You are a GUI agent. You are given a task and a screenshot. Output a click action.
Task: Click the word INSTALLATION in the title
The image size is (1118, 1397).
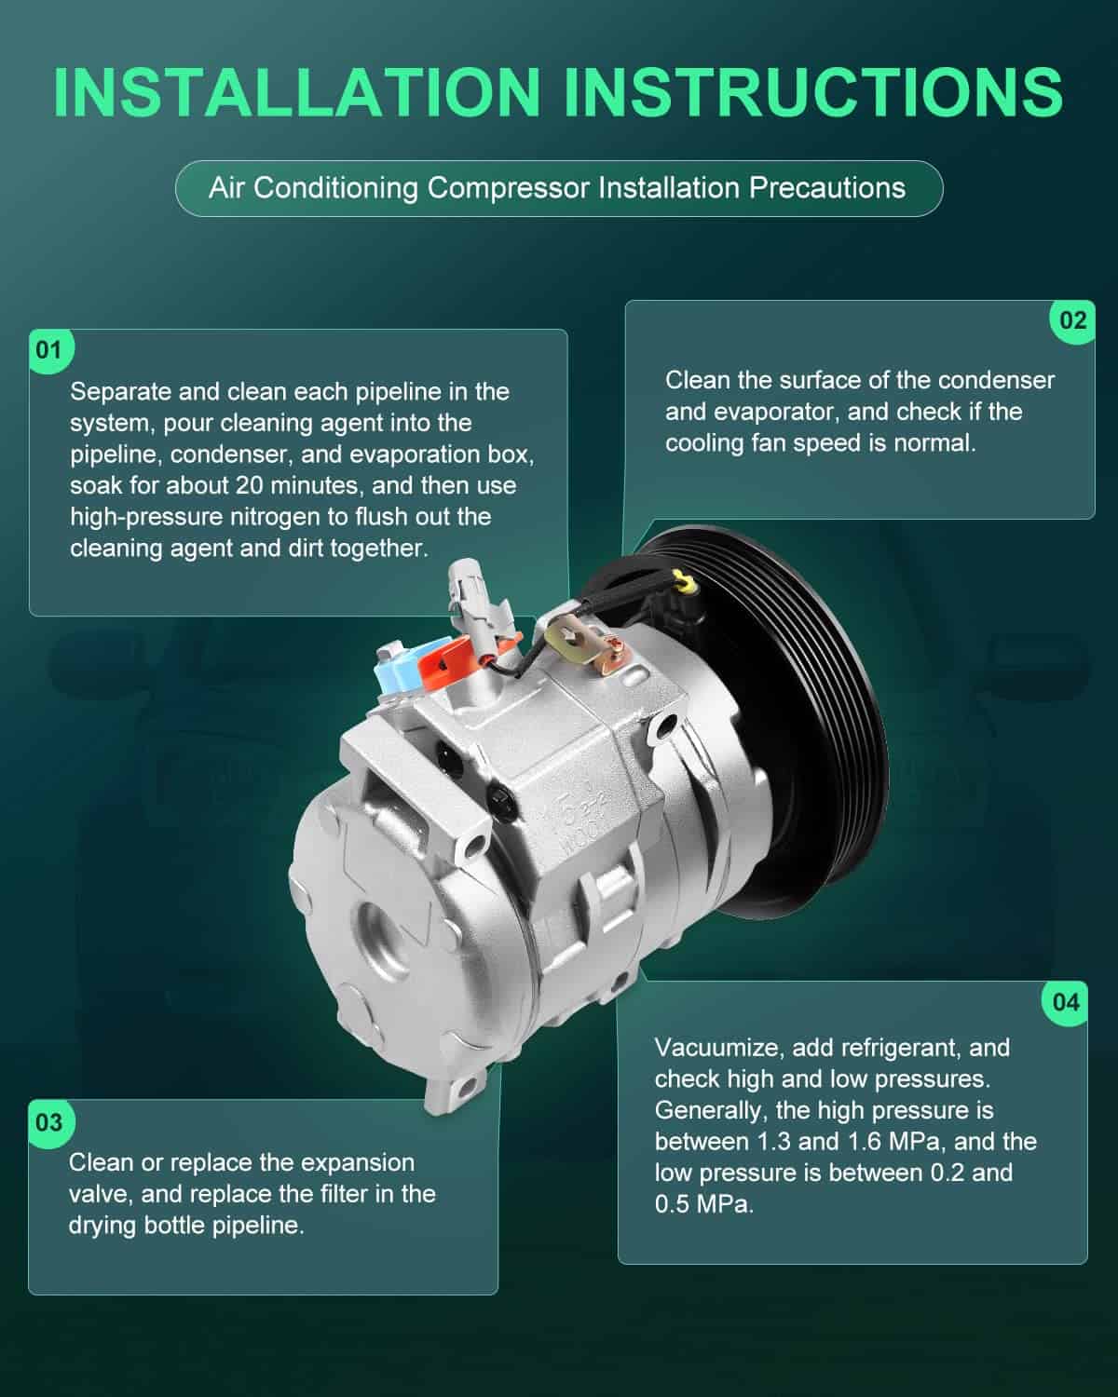297,92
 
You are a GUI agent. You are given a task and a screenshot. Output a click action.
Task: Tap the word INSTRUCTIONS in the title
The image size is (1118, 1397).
814,92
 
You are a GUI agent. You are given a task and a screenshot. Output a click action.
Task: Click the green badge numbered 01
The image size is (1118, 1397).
50,350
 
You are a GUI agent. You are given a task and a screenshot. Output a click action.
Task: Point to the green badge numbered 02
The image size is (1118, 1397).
1072,320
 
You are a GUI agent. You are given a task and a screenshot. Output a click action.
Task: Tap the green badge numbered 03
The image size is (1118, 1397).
50,1122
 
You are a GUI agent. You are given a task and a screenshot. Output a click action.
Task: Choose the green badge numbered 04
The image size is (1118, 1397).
1066,1003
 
